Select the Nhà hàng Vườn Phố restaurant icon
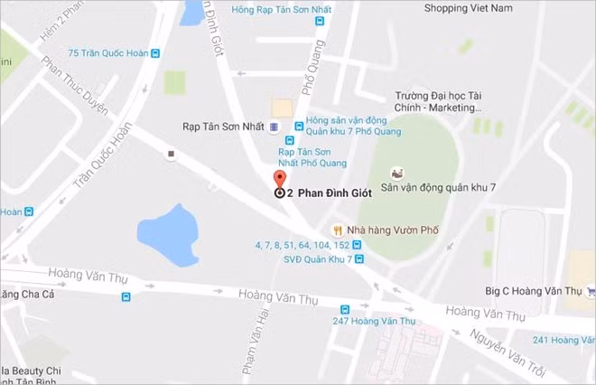coord(337,230)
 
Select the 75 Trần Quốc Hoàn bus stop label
coord(107,53)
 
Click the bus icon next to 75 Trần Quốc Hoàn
coord(156,53)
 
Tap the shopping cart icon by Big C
coord(590,290)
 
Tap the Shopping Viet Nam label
coord(468,8)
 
